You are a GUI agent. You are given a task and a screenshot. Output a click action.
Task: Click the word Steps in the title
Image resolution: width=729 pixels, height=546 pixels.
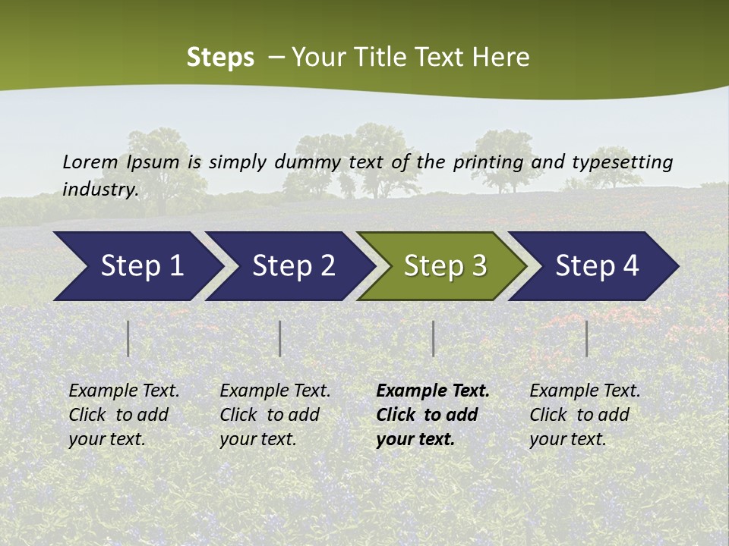click(220, 58)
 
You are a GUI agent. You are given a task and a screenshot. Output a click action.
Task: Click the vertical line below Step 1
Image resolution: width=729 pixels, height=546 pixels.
click(128, 338)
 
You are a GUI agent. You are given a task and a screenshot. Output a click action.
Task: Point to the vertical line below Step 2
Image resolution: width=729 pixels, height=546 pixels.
click(280, 338)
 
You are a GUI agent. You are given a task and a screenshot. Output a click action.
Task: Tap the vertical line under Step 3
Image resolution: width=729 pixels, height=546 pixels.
click(433, 338)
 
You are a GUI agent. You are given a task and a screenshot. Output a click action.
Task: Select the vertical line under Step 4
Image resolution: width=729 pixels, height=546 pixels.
click(586, 338)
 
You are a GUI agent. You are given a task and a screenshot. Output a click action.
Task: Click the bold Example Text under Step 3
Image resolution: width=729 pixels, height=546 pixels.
click(433, 414)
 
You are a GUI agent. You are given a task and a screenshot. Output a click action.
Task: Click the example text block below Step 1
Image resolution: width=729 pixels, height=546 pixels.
click(124, 414)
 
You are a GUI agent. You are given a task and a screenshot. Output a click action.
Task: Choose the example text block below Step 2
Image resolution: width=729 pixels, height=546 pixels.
click(275, 414)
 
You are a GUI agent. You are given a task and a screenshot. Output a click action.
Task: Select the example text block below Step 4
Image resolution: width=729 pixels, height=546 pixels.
click(585, 414)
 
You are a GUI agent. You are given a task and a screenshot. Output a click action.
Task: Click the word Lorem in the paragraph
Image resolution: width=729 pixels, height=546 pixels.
click(90, 162)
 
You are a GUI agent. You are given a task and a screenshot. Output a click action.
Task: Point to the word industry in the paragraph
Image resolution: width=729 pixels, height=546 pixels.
click(100, 190)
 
